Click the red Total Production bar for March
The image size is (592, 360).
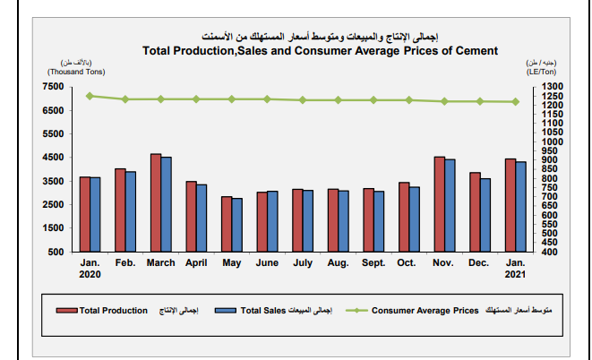156,202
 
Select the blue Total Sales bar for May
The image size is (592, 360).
237,225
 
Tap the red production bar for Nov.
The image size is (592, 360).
440,204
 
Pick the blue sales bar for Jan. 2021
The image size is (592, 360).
521,206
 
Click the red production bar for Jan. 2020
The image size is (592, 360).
85,214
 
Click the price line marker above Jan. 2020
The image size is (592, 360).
90,95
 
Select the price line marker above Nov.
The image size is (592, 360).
444,101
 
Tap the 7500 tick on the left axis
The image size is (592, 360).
53,87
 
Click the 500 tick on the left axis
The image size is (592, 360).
56,252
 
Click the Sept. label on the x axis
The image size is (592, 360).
373,263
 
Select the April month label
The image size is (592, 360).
196,263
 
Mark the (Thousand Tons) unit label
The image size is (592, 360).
77,71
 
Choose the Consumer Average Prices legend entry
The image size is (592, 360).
424,310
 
